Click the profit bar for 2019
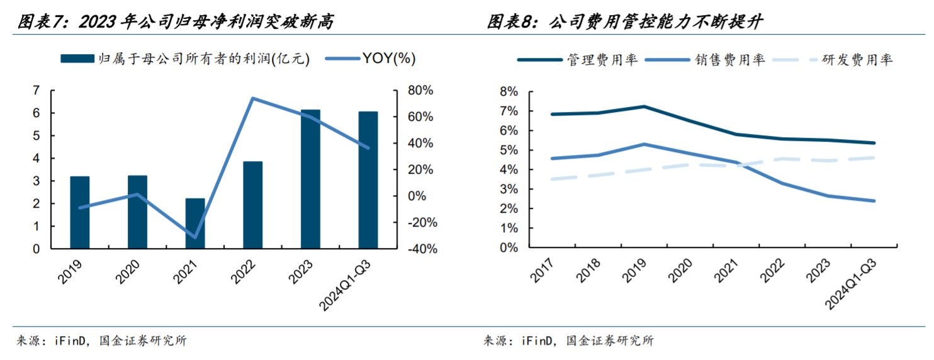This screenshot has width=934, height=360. [x=79, y=213]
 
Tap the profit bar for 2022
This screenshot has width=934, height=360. [x=252, y=205]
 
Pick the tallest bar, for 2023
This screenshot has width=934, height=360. [x=310, y=179]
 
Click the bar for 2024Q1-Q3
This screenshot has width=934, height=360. [x=368, y=181]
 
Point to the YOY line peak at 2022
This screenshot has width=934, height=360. [x=252, y=98]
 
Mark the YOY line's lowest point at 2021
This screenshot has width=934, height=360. [x=195, y=238]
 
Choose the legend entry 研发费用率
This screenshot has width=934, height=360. [x=857, y=60]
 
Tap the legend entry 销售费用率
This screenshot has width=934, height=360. [x=730, y=60]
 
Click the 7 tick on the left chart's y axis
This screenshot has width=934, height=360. [x=36, y=91]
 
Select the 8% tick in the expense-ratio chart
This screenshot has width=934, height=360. [x=509, y=92]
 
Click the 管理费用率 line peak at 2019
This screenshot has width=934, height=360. [x=644, y=106]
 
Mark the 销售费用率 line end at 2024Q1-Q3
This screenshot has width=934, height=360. [x=874, y=201]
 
